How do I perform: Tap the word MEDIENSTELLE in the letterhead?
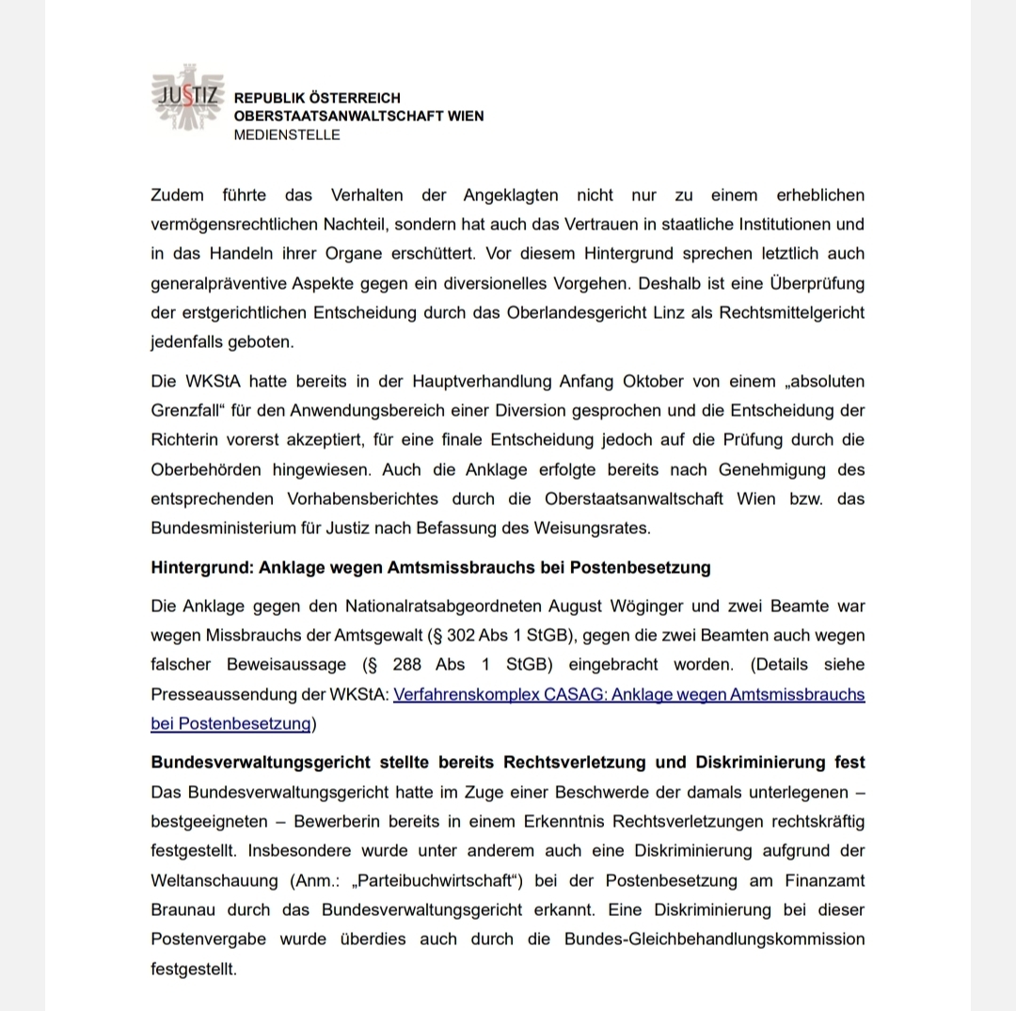click(287, 134)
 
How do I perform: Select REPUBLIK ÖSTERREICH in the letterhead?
click(317, 98)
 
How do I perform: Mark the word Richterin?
click(183, 440)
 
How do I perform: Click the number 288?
click(407, 665)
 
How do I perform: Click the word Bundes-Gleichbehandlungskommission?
click(714, 940)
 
